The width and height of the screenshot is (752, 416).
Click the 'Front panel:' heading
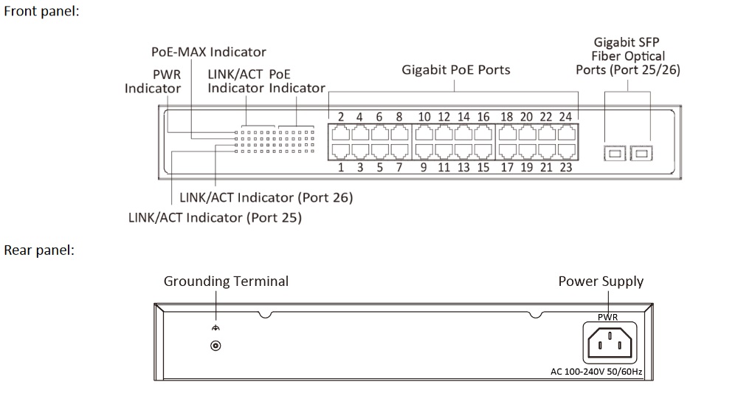tap(41, 12)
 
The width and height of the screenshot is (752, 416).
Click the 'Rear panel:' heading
tap(39, 250)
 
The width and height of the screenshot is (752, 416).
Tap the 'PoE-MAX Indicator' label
tap(209, 52)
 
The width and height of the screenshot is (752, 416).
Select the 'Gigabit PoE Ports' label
tap(455, 69)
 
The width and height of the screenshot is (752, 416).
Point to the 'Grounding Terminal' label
tap(226, 281)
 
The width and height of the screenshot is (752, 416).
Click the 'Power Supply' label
tap(601, 281)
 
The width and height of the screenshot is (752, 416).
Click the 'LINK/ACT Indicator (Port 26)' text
tap(266, 197)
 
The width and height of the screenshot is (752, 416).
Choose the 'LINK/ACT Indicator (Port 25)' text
tap(215, 217)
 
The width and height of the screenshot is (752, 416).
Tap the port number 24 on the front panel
tap(565, 117)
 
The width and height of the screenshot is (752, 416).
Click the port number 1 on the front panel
tap(341, 167)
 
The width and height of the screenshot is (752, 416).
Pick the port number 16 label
tap(483, 117)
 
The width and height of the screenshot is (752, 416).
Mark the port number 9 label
tap(424, 167)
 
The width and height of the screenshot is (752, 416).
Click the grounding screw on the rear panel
tap(216, 345)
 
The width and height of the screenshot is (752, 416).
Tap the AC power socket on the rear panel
tap(610, 344)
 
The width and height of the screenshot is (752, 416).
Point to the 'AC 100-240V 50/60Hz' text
tap(596, 372)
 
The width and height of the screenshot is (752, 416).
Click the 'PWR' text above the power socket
tap(607, 317)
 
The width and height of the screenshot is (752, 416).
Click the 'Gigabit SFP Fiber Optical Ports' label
tap(627, 56)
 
